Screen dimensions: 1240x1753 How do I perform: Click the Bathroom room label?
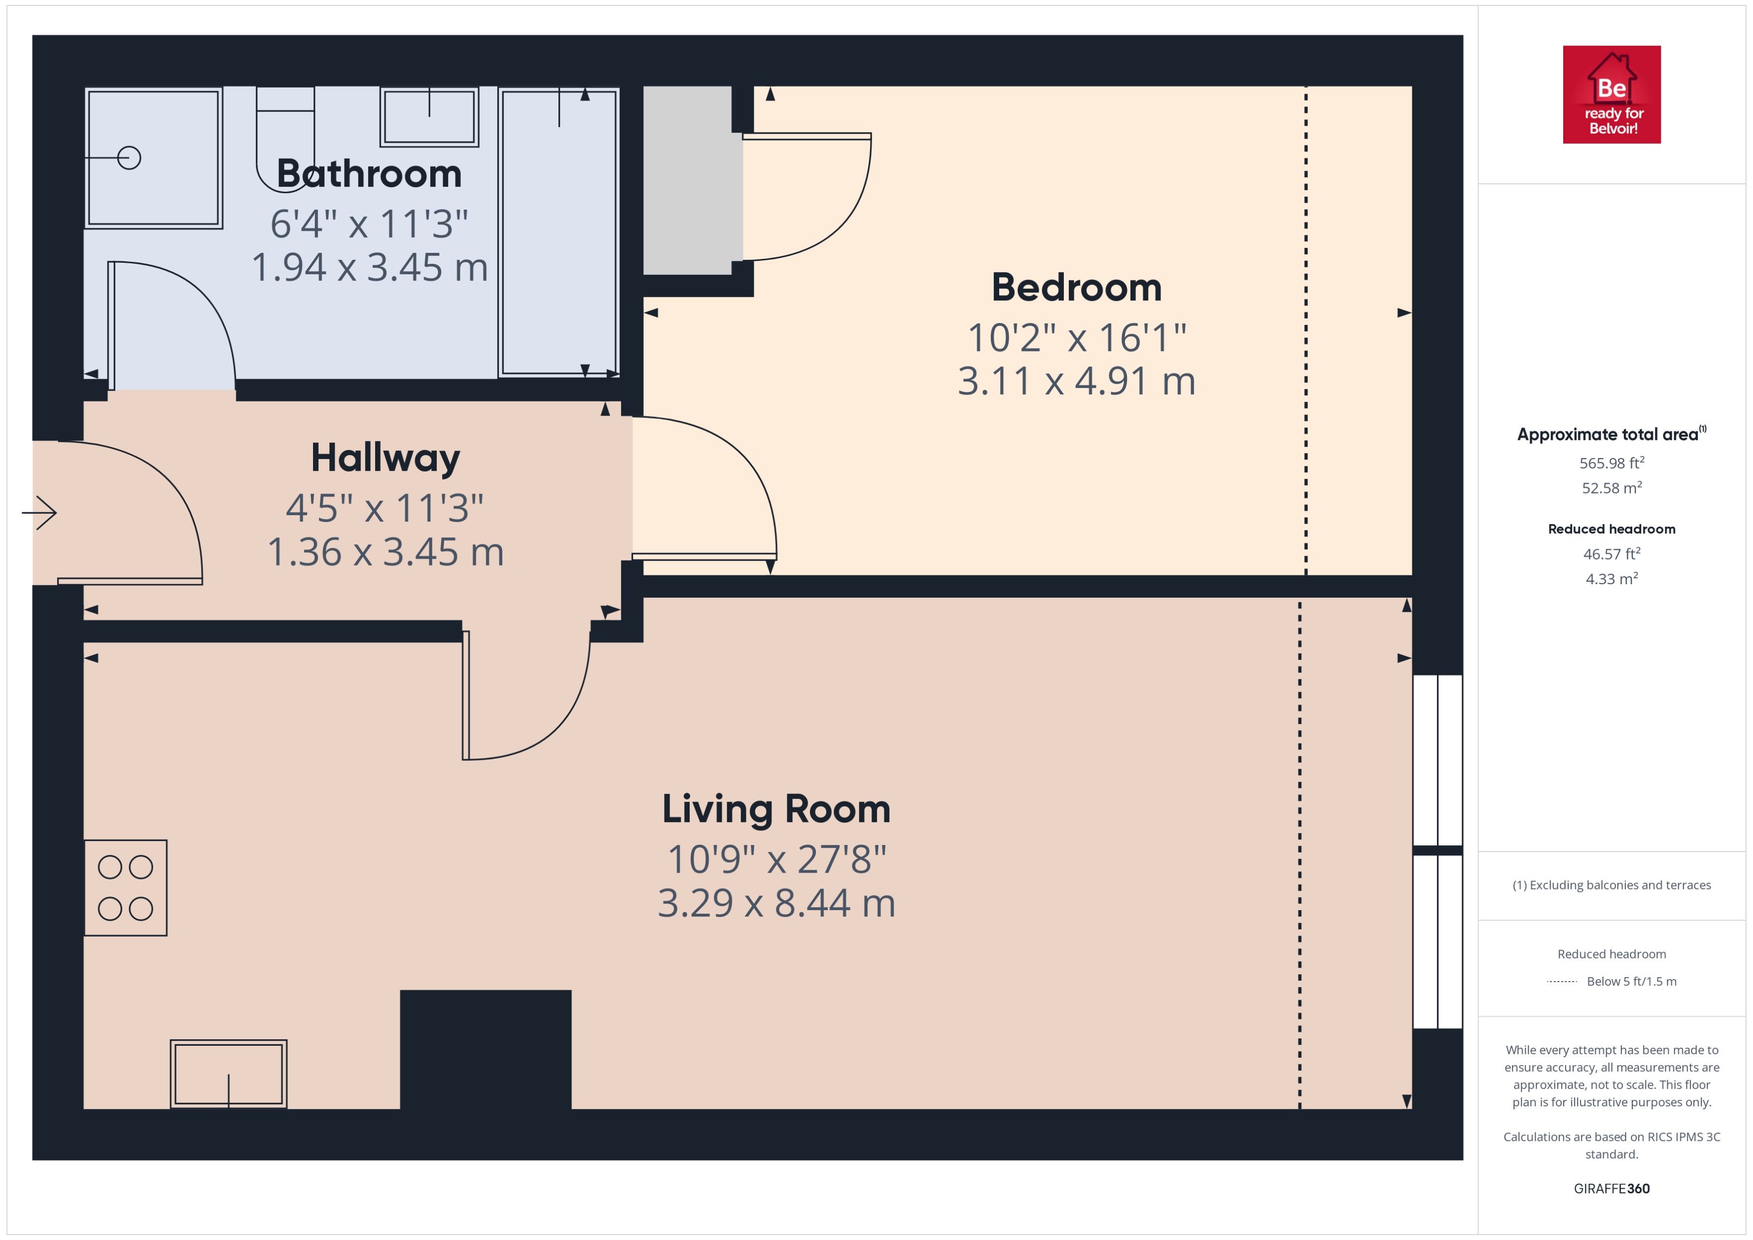369,174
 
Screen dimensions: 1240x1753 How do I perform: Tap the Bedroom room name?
1076,288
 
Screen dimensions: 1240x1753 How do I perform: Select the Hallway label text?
385,458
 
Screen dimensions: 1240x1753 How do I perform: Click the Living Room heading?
776,809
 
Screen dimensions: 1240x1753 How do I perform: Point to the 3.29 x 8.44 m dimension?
776,903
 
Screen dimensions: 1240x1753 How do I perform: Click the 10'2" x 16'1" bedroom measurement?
1076,337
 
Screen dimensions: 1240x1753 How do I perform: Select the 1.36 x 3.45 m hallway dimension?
385,552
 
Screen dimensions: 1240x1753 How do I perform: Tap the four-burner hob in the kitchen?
125,888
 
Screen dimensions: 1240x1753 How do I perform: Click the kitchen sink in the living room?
228,1073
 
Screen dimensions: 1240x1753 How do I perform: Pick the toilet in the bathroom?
285,138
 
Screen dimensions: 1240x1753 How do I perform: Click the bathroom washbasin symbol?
429,116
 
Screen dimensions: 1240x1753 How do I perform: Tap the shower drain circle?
129,158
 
